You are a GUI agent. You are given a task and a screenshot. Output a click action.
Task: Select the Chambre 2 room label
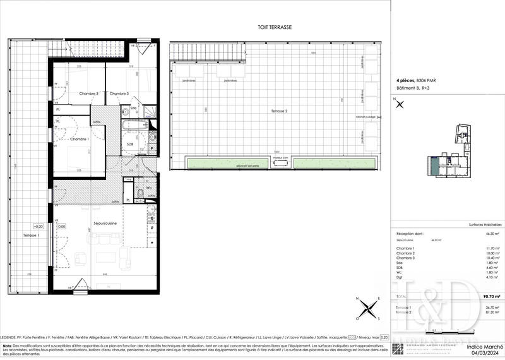tap(89, 93)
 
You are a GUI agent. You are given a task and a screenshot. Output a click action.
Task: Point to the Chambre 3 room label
tap(119, 93)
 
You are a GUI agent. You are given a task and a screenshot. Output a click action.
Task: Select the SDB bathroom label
tap(130, 144)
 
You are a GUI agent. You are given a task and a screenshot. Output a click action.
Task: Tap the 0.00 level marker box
tap(62, 225)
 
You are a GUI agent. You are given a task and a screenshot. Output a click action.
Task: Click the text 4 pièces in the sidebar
tap(405, 81)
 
